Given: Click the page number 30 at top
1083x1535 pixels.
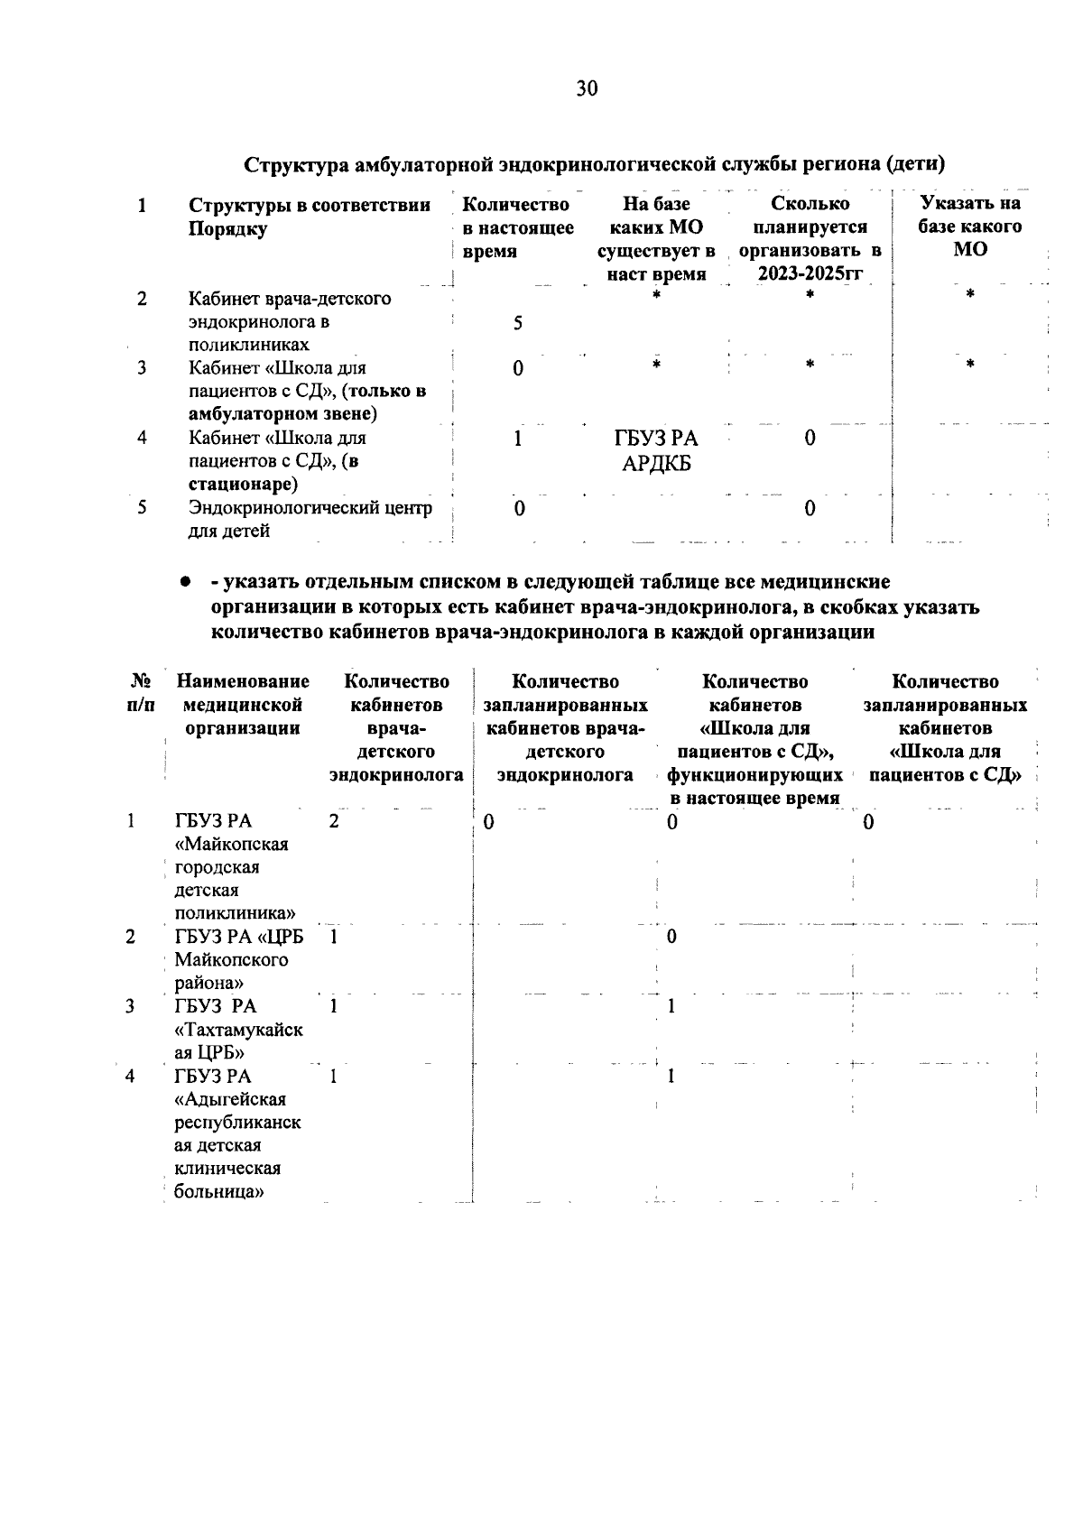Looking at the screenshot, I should [x=586, y=88].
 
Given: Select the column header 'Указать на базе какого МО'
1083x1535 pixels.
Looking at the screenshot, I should [x=969, y=227].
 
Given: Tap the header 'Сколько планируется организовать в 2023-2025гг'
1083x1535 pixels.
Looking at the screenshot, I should [x=810, y=239].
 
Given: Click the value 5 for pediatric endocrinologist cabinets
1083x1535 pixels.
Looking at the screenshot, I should [x=518, y=323].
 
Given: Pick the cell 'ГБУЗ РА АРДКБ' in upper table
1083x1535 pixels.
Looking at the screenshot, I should [x=657, y=451].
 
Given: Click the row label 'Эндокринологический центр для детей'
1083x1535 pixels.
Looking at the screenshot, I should [x=310, y=519].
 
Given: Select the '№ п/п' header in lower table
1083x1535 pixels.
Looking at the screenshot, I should [x=139, y=693].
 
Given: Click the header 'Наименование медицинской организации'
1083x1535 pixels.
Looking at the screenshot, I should [x=242, y=705].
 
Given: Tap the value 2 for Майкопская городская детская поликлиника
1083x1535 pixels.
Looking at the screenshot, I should [x=334, y=822].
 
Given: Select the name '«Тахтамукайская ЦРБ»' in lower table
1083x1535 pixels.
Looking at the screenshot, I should [x=238, y=1030].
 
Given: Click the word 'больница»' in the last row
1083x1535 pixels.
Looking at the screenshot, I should [x=219, y=1191].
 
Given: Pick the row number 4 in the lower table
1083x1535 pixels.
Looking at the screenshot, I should [x=131, y=1076].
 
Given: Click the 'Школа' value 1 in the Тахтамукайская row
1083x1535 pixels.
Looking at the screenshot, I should [x=671, y=1006].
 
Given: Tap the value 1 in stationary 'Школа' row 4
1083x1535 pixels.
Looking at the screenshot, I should [x=517, y=439].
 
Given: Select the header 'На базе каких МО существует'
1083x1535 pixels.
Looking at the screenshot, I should [x=656, y=239].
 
